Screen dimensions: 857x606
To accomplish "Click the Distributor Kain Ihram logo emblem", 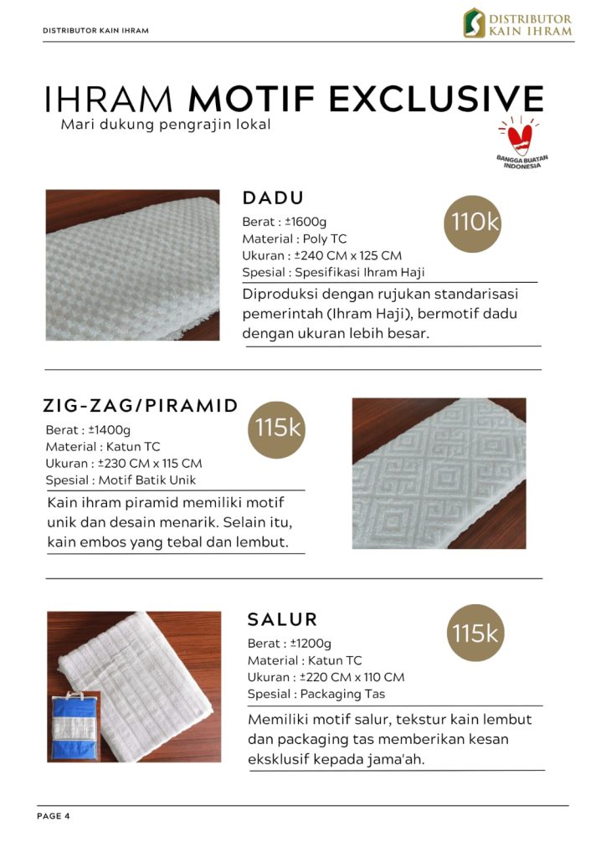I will (x=475, y=23).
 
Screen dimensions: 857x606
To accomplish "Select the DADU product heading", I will (x=273, y=198).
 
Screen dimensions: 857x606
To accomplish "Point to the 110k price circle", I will (x=475, y=222).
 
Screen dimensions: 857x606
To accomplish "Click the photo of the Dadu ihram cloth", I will (x=132, y=264).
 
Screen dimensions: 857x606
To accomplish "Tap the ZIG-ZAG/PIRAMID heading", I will (x=140, y=407).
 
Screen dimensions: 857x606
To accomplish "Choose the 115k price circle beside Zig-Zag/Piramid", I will (x=277, y=428).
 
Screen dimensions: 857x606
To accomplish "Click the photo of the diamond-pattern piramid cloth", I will (x=439, y=473).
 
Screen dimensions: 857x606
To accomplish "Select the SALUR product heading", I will (x=283, y=620).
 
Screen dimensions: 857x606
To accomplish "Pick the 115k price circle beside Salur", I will (x=475, y=634).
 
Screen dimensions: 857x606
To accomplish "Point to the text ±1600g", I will (x=307, y=223).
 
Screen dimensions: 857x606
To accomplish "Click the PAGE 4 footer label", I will (x=54, y=816).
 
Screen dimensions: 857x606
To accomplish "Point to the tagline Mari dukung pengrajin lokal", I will (x=166, y=126).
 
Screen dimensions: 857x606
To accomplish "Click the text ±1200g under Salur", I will (x=311, y=644).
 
